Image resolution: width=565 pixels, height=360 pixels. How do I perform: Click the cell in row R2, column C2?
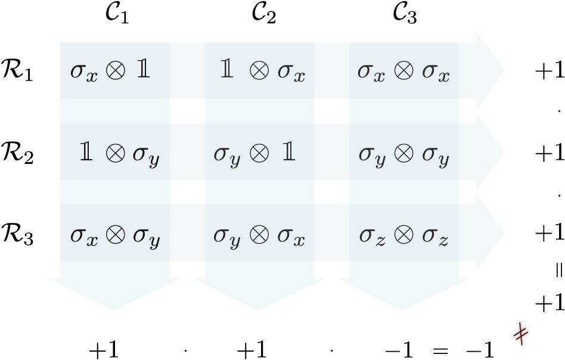tap(255, 156)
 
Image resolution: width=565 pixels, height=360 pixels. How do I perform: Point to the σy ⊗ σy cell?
tap(403, 156)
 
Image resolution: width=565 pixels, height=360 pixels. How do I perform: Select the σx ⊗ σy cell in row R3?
tap(115, 238)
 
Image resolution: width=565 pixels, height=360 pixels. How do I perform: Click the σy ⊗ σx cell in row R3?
tap(259, 238)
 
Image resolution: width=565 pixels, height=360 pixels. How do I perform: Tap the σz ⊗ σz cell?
tap(403, 238)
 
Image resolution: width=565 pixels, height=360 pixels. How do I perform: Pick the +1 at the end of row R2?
tap(548, 155)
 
